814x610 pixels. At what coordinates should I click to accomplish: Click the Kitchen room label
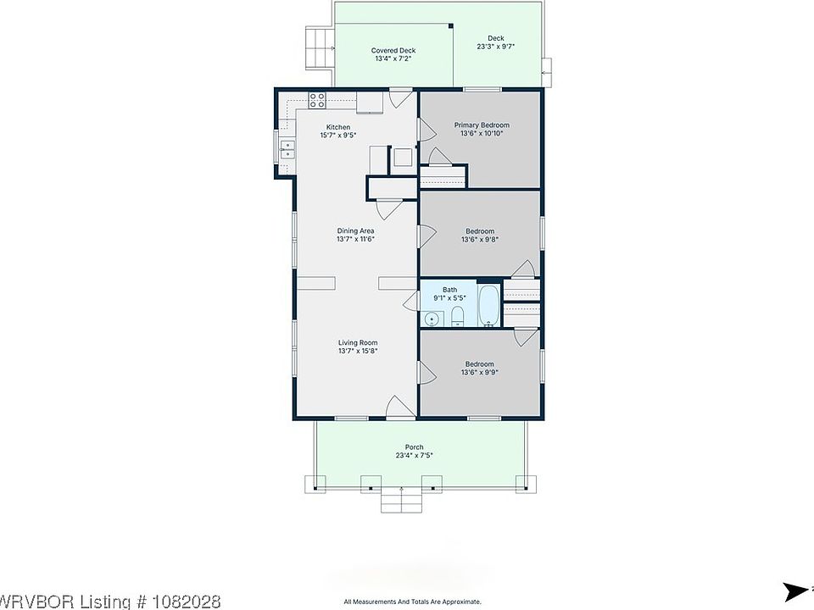pos(338,127)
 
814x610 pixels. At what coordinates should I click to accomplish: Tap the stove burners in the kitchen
pos(317,100)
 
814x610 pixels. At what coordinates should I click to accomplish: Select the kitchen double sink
pos(287,149)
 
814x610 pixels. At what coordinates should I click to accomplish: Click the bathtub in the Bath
pos(488,306)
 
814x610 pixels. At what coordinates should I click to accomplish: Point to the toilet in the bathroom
pos(457,316)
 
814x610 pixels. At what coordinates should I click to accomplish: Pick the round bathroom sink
pos(431,319)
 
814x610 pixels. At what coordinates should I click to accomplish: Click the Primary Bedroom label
pos(482,125)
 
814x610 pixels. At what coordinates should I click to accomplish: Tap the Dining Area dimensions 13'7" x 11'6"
pos(355,239)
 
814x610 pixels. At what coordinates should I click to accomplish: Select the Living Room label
pos(358,342)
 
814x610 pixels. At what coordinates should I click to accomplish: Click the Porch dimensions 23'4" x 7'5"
pos(415,456)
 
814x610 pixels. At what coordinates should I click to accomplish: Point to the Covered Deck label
pos(393,50)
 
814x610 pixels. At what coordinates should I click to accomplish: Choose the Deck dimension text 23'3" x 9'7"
pos(496,46)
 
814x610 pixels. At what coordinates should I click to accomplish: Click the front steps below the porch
pos(401,500)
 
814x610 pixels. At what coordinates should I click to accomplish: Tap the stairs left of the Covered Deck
pos(318,48)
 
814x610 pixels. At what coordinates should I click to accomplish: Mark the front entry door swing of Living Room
pos(399,406)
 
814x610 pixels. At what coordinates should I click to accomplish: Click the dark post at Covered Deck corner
pos(450,25)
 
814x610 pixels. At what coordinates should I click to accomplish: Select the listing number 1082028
pos(187,602)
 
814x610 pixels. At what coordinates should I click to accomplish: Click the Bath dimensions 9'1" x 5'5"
pos(449,297)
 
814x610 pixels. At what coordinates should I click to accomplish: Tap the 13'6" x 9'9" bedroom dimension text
pos(480,372)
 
